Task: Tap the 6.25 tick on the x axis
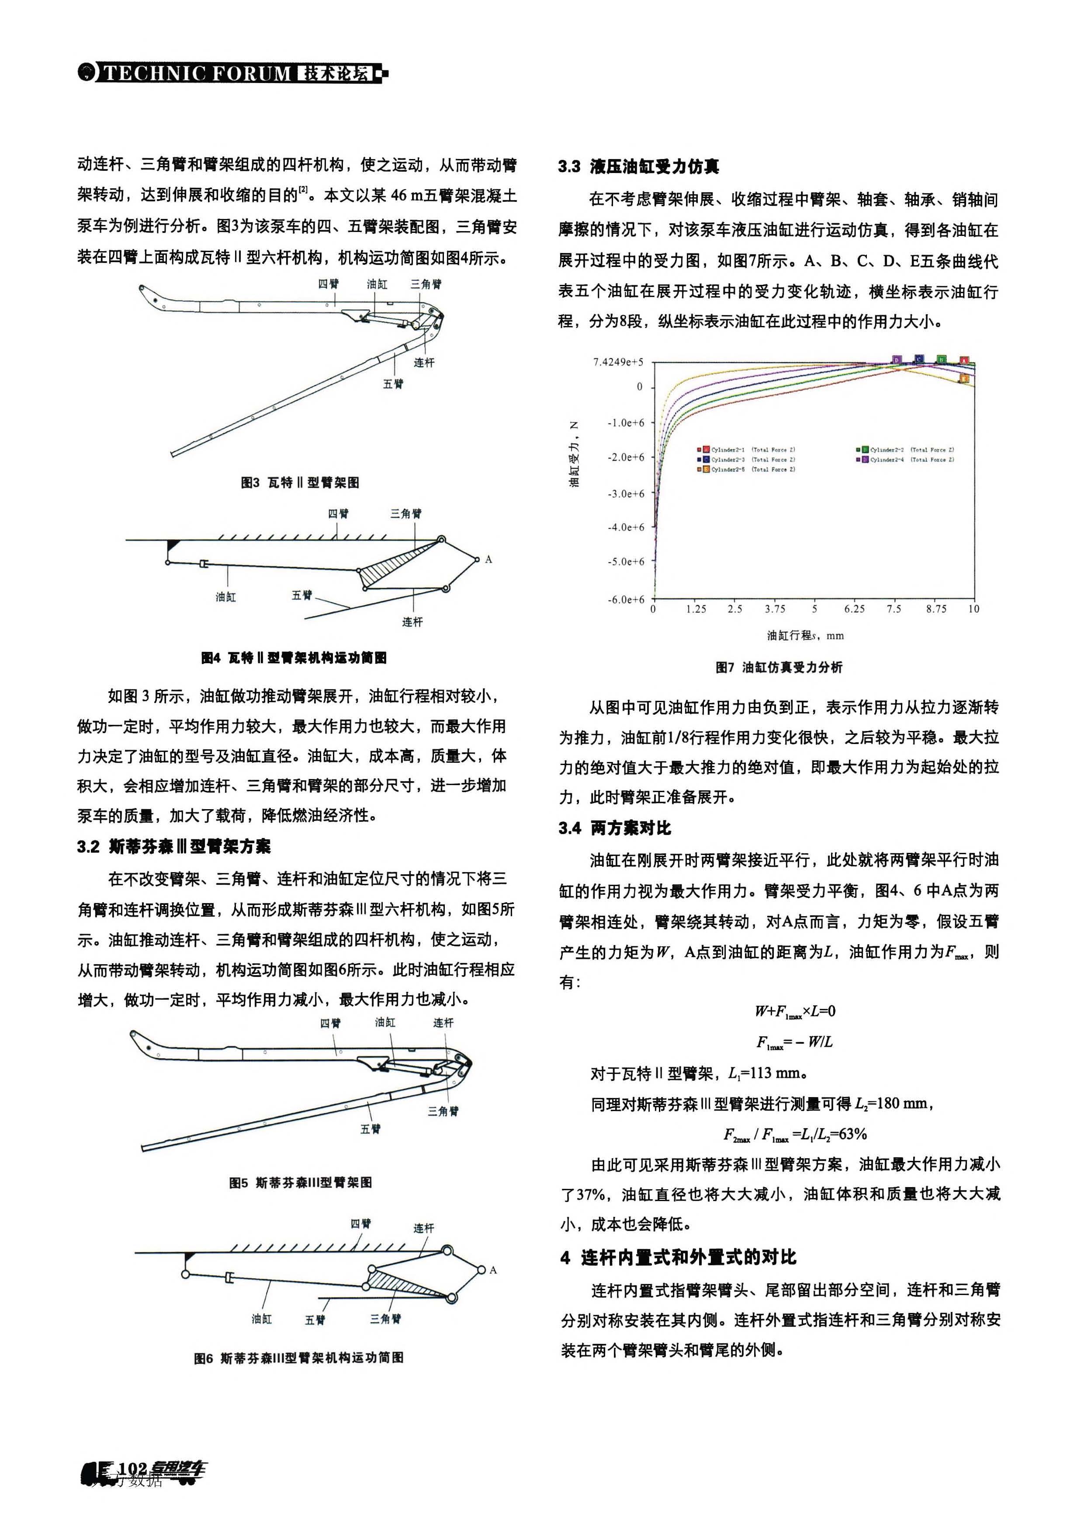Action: (854, 609)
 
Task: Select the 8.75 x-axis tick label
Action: (936, 609)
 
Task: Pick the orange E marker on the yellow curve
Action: (964, 378)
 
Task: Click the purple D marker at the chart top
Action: (896, 360)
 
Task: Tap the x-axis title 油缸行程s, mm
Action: (805, 636)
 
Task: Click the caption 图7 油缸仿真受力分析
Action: (779, 668)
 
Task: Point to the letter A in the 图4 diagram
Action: (488, 560)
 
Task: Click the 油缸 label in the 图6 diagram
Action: (262, 1319)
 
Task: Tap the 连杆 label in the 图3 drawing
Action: (424, 363)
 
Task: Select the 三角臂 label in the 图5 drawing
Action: (443, 1111)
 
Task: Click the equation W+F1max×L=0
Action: (795, 1011)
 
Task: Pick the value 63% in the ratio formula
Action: (853, 1134)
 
